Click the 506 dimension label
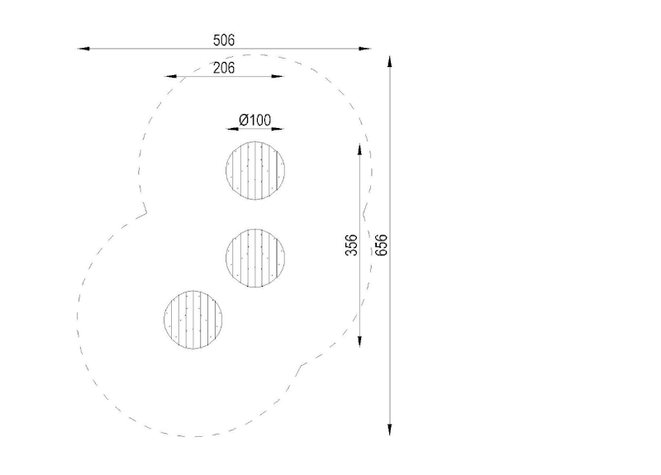223,40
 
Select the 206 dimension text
223,68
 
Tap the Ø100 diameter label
255,120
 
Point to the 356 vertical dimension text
351,245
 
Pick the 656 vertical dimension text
381,245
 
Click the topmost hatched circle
255,170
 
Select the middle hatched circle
255,258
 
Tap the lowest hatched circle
193,320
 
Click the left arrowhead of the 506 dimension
84,49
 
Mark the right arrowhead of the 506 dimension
364,49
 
